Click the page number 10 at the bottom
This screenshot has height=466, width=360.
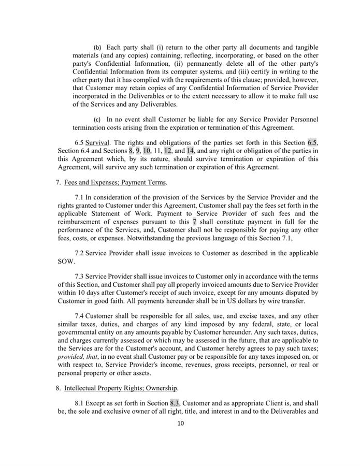[180, 423]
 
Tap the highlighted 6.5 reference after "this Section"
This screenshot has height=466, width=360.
[312, 142]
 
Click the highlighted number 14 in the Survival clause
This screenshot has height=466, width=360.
[190, 151]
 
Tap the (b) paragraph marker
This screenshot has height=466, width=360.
[97, 47]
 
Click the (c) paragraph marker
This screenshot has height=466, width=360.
[97, 119]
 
